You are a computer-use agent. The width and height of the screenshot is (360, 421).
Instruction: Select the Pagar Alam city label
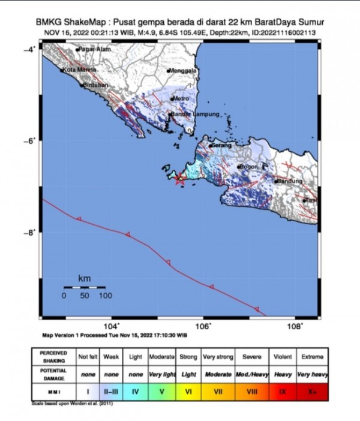click(91, 49)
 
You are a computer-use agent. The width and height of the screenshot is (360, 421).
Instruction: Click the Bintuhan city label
click(95, 85)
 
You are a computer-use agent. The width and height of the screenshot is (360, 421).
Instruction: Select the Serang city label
click(221, 145)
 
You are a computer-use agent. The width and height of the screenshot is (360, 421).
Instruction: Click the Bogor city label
click(248, 167)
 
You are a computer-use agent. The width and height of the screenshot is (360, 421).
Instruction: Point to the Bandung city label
click(290, 181)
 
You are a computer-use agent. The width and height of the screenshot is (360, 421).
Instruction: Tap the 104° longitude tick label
click(112, 326)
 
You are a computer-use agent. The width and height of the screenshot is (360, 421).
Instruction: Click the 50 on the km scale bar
click(85, 296)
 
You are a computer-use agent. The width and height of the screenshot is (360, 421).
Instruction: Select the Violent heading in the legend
click(283, 356)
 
